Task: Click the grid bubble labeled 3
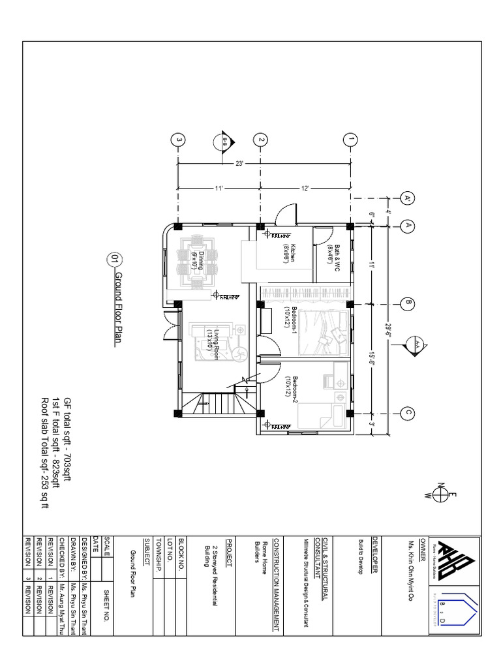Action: click(x=177, y=140)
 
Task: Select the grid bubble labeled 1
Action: click(x=350, y=140)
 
